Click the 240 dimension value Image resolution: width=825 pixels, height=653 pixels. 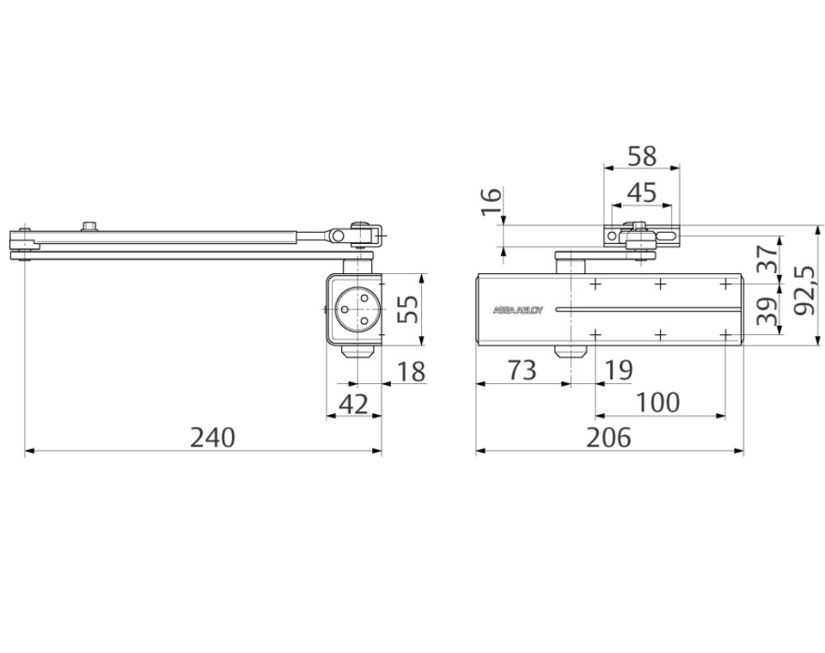click(212, 437)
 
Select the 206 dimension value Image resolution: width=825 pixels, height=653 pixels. click(608, 437)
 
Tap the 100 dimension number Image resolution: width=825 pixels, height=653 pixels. click(659, 402)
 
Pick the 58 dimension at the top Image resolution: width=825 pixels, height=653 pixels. click(642, 156)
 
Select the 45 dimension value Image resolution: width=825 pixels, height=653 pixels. click(642, 192)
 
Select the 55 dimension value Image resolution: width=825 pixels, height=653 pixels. click(411, 307)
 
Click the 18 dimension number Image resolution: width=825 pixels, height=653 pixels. click(412, 372)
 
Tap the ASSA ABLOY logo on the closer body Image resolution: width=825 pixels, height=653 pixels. click(517, 310)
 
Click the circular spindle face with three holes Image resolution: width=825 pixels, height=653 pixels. click(355, 308)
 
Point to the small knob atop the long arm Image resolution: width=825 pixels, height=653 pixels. click(89, 226)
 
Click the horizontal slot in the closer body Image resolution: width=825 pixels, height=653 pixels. click(645, 308)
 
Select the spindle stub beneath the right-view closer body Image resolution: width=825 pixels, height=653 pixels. click(567, 351)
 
